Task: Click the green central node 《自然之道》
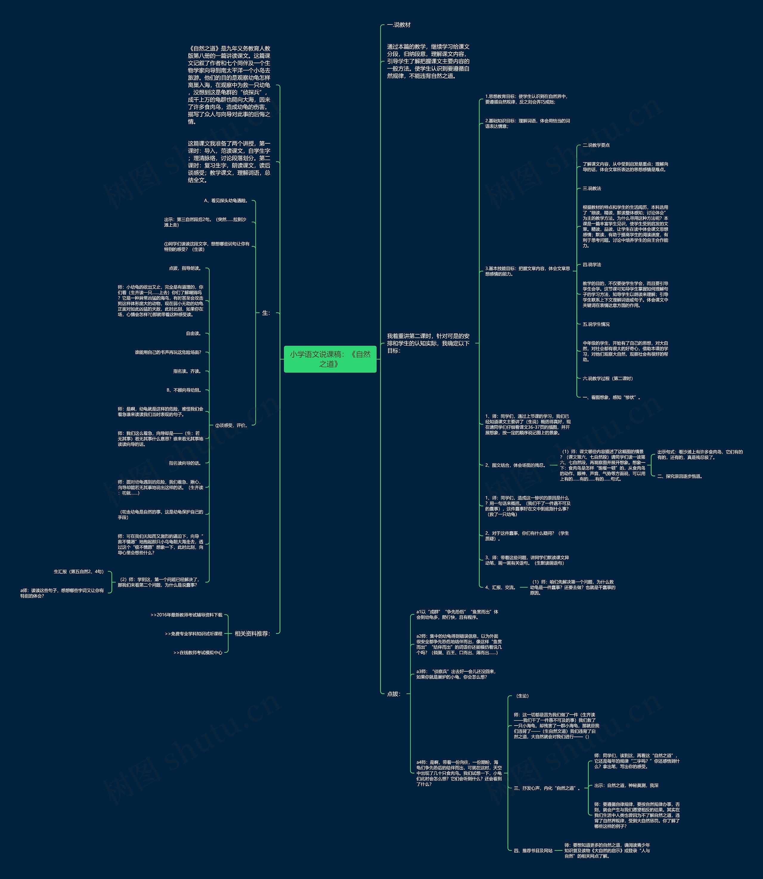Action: coord(330,359)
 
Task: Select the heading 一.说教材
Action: coord(398,25)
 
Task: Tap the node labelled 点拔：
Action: coord(393,694)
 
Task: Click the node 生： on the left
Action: coord(266,313)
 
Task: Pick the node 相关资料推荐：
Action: coord(252,633)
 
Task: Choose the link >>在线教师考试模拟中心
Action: coord(198,653)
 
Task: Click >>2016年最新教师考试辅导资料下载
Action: coord(187,615)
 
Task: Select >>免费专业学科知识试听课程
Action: coord(194,634)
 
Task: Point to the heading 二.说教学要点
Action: coord(596,145)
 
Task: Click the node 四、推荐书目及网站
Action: coord(533,850)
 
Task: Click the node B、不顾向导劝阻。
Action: coord(184,390)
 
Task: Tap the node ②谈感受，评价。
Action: coord(231,425)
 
